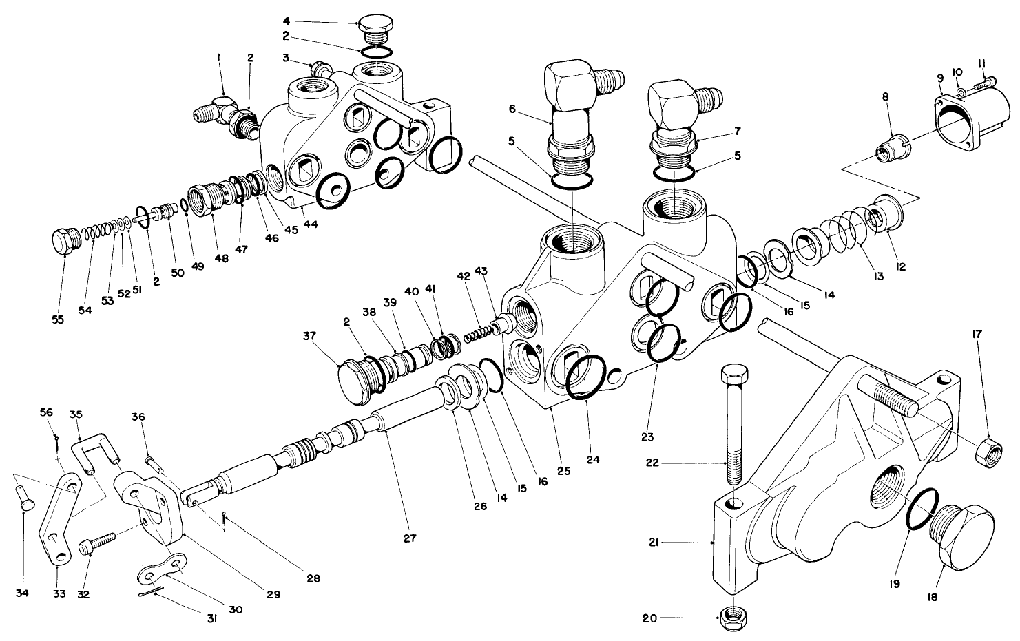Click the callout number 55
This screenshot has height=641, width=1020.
click(x=59, y=319)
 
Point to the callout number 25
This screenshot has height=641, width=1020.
click(x=563, y=472)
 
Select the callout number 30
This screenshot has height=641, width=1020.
click(x=236, y=609)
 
